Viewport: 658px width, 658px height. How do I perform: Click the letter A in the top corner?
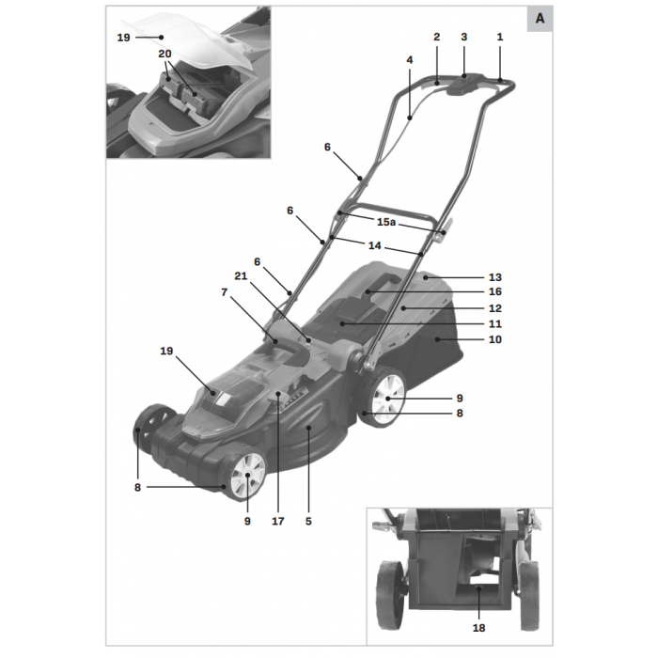[540, 19]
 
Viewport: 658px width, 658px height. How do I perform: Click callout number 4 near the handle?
[410, 59]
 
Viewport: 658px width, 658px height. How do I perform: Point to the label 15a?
[386, 223]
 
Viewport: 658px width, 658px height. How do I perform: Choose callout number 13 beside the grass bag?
[494, 277]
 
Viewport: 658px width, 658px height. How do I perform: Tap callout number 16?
[494, 292]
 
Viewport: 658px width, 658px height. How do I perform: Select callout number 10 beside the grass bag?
[494, 339]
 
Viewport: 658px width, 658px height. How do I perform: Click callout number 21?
[241, 275]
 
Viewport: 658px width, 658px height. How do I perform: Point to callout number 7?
[224, 292]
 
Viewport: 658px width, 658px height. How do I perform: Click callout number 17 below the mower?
[278, 520]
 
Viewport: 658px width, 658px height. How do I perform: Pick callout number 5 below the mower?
[308, 520]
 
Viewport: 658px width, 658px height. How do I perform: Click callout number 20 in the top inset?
[165, 54]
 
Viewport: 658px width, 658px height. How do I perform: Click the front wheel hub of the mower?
[249, 476]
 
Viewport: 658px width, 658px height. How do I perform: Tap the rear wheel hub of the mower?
[387, 399]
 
